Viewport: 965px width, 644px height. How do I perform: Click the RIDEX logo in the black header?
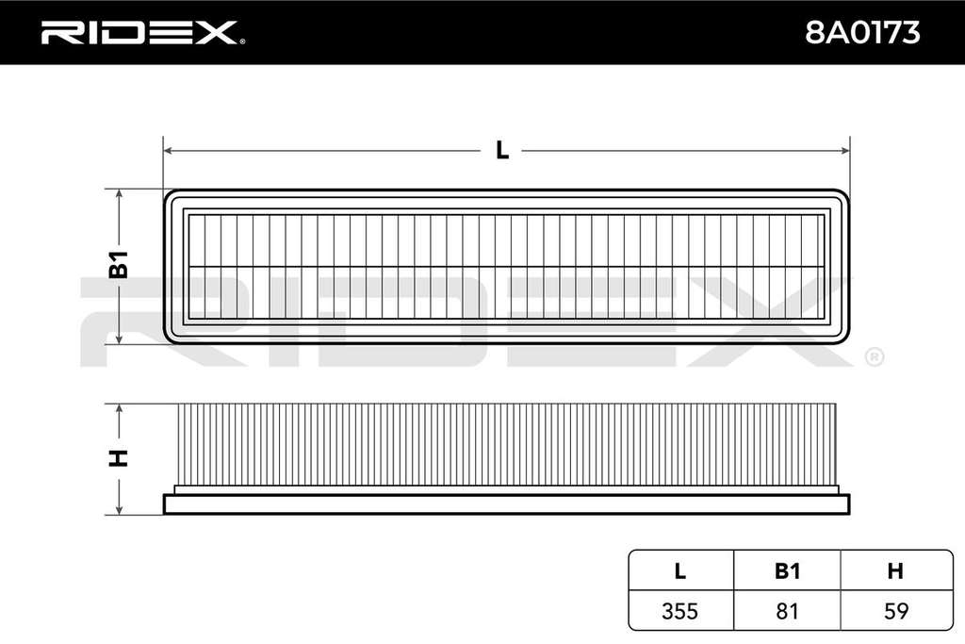[139, 33]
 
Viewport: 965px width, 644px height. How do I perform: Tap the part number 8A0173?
[862, 33]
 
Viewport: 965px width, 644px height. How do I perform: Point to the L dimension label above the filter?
[502, 150]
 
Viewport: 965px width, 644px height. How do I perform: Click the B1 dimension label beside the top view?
[119, 265]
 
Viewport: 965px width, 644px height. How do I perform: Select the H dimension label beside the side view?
[118, 458]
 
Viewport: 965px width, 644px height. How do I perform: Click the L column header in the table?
[680, 571]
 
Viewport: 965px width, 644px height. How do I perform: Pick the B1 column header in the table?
[787, 571]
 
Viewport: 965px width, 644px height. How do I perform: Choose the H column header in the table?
[895, 571]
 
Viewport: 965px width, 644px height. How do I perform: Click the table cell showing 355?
[680, 611]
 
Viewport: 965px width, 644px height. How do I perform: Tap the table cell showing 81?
[787, 611]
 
